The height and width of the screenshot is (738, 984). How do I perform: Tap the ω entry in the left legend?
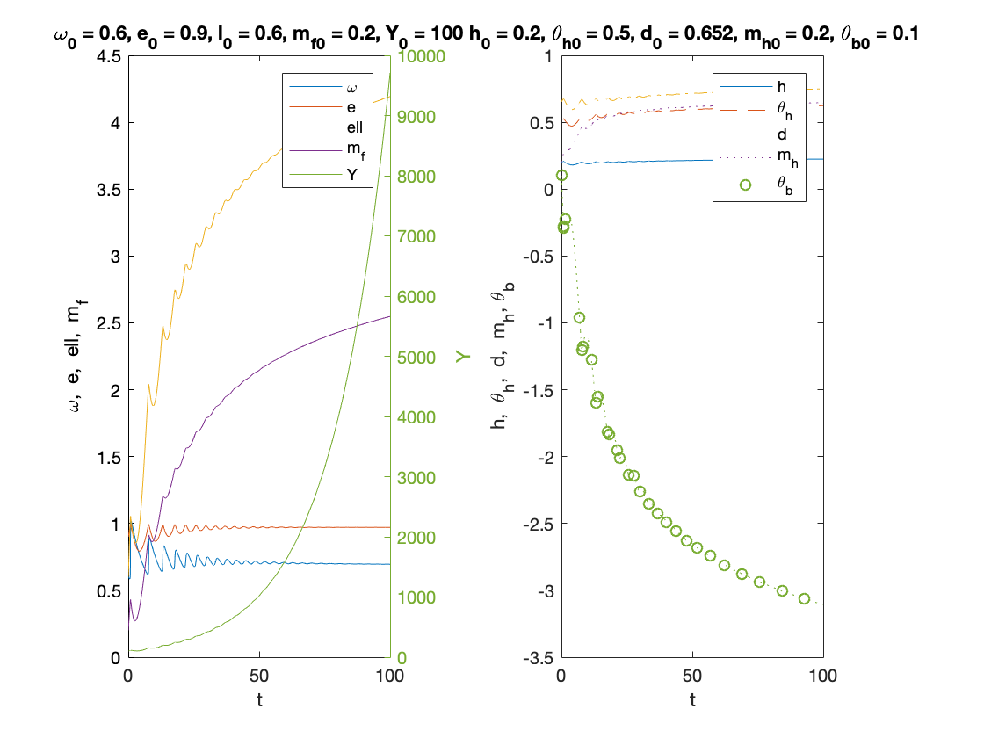point(351,88)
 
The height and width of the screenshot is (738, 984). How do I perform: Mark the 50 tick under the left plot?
point(258,676)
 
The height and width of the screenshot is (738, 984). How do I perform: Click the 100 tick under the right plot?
point(822,676)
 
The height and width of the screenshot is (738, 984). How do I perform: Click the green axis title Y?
point(462,356)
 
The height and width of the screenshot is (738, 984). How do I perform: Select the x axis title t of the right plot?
point(692,700)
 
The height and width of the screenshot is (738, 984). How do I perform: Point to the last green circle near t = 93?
point(804,598)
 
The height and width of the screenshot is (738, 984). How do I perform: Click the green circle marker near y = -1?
point(579,318)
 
